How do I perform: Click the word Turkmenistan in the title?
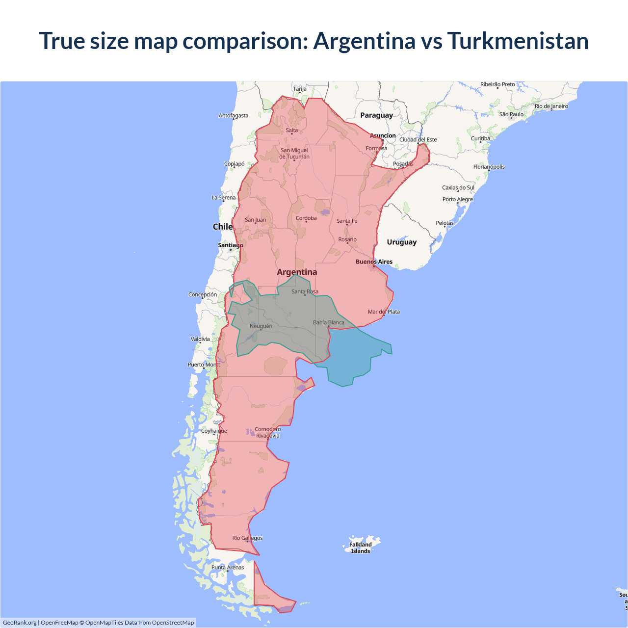[518, 41]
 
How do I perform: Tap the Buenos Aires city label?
[374, 262]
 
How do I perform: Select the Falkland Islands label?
[361, 548]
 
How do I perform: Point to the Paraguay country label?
[376, 115]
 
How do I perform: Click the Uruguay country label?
[401, 242]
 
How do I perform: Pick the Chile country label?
[222, 227]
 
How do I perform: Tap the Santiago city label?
[230, 245]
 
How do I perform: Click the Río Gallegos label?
[247, 538]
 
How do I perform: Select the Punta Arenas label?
[228, 567]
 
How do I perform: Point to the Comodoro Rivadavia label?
[267, 432]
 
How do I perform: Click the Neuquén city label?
[261, 326]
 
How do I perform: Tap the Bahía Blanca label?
[329, 322]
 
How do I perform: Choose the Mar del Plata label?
[384, 312]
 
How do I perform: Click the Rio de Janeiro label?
[551, 106]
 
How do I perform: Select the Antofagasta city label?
[234, 116]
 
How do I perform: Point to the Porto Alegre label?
[457, 199]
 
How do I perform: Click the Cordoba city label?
[306, 218]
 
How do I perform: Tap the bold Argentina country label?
[297, 272]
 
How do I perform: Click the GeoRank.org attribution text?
[20, 623]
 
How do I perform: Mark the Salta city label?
[292, 131]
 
